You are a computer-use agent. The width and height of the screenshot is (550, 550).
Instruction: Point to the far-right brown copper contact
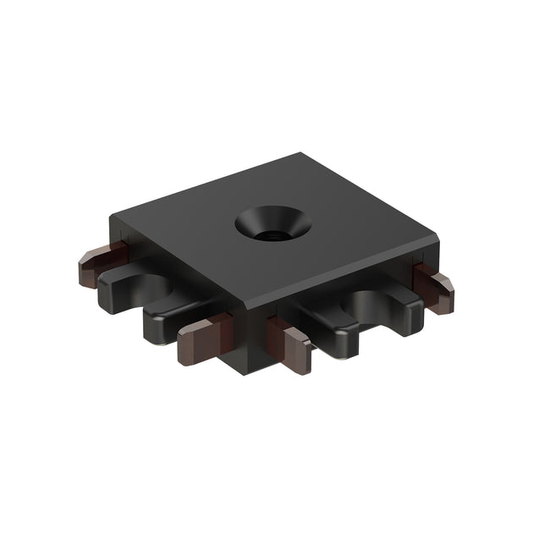(436, 288)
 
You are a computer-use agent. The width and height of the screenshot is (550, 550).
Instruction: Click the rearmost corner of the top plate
(301, 155)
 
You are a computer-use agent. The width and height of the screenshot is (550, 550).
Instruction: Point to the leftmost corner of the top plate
(113, 217)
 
